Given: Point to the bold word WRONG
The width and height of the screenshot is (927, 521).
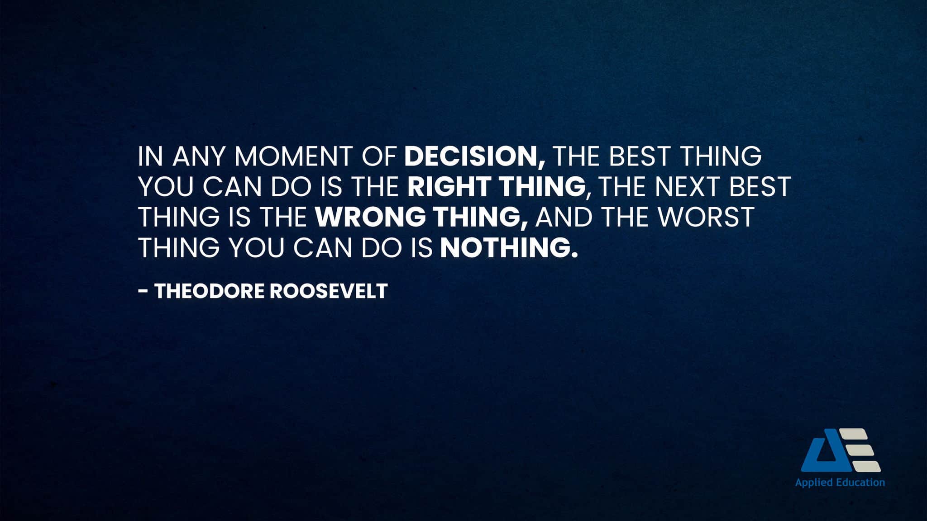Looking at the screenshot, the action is (x=371, y=217).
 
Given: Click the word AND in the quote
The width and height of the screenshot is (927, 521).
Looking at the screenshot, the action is (x=564, y=217).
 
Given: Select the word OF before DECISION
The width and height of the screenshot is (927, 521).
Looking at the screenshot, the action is (x=378, y=156).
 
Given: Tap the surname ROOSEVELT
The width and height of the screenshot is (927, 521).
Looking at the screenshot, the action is (x=329, y=291).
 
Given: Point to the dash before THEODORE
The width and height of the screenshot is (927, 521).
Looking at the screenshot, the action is (x=143, y=291).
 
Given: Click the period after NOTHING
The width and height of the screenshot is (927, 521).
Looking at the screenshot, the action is (x=575, y=255).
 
